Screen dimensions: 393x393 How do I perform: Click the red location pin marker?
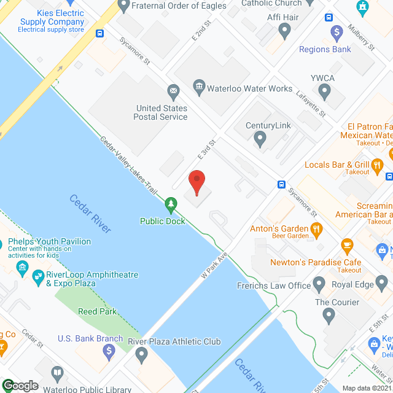tap(196, 182)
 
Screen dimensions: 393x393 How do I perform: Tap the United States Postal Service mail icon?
tap(174, 93)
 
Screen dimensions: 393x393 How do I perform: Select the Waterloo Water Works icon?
tap(199, 87)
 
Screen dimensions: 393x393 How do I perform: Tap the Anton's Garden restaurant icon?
tap(317, 230)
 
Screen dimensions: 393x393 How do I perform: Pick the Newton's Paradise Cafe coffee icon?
tap(346, 246)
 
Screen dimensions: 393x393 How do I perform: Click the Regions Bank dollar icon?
tap(337, 32)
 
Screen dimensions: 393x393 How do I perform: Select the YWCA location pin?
tap(325, 92)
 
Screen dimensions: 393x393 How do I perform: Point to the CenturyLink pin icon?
tap(260, 141)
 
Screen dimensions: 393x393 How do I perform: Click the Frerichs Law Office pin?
tap(319, 284)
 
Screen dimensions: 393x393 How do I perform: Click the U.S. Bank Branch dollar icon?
tap(109, 351)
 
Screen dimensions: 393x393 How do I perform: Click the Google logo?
tap(21, 386)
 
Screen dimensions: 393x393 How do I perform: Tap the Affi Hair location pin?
tap(284, 29)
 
